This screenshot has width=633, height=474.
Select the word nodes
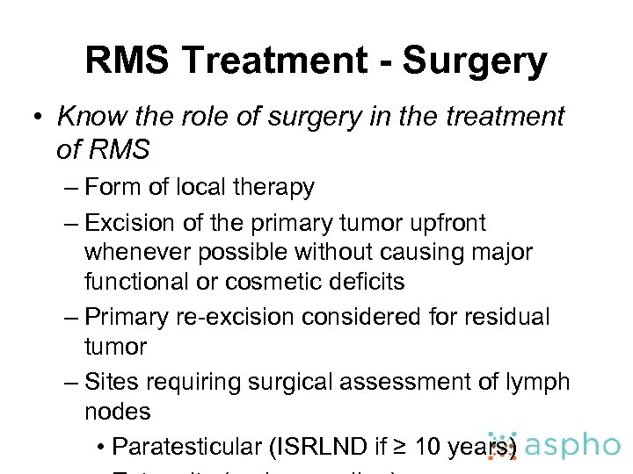[x=118, y=411]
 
